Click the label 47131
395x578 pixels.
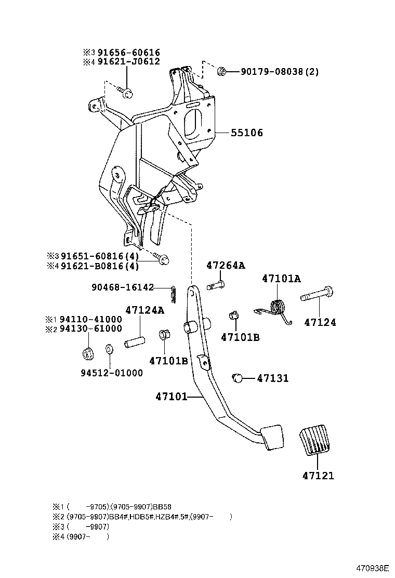tap(272, 378)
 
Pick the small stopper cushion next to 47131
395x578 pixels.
tap(239, 378)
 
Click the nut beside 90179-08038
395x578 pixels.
tap(221, 71)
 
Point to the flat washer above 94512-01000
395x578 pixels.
tap(110, 349)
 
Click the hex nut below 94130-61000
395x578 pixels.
tap(88, 353)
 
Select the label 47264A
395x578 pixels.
tap(225, 265)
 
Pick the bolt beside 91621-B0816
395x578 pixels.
tap(162, 259)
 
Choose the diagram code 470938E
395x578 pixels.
tap(373, 568)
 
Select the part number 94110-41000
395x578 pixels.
tap(90, 319)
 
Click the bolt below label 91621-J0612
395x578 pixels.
tap(126, 93)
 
